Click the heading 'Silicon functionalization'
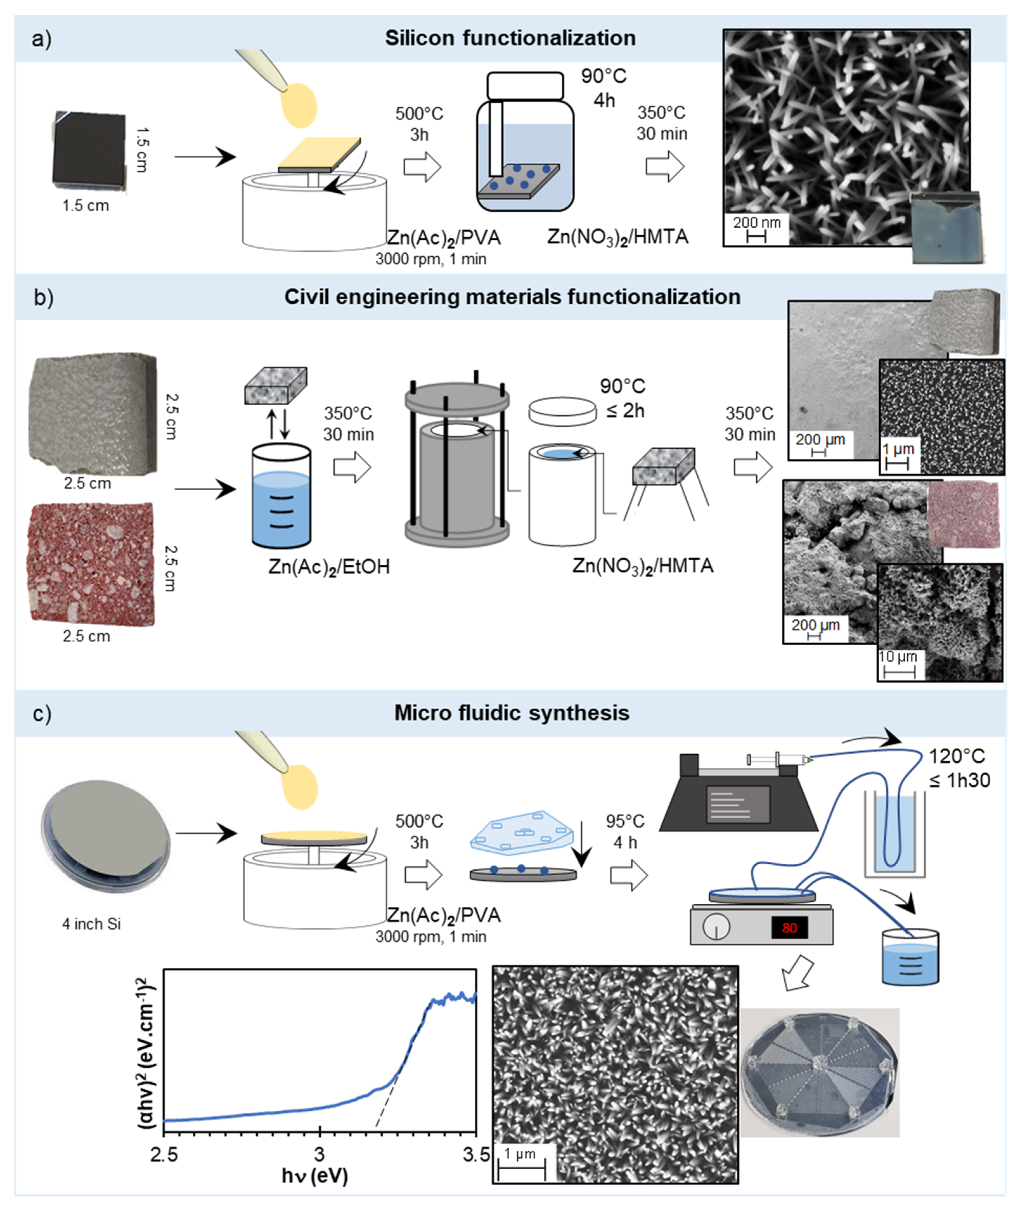(510, 38)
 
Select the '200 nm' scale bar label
(756, 223)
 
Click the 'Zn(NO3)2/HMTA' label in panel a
(618, 237)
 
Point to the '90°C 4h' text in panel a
(604, 88)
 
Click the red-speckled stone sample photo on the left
(90, 564)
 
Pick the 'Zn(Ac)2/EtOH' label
(329, 566)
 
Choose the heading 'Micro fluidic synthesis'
(511, 713)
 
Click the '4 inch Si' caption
(91, 924)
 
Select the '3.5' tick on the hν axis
(477, 1155)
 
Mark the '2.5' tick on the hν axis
(164, 1155)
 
